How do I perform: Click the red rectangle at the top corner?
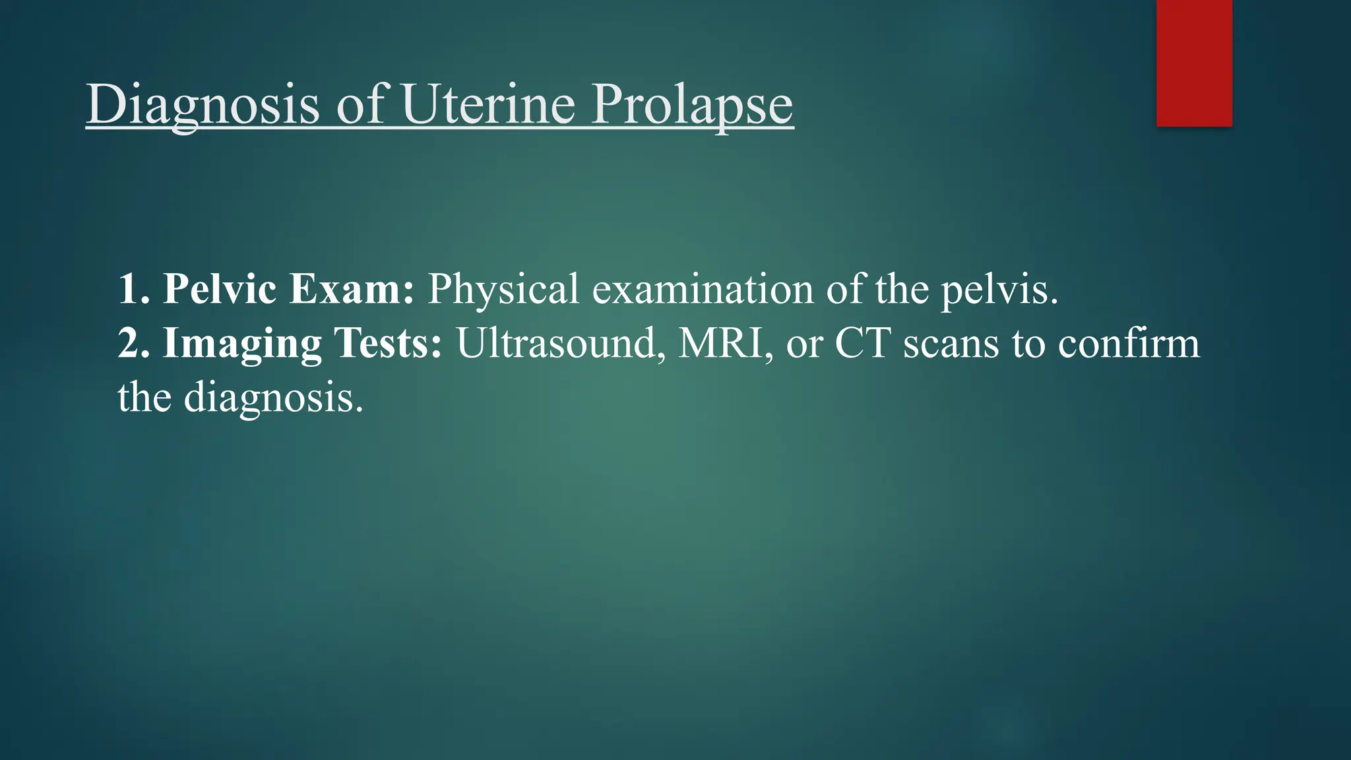pyautogui.click(x=1194, y=63)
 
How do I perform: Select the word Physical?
pyautogui.click(x=503, y=289)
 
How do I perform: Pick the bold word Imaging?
pyautogui.click(x=242, y=344)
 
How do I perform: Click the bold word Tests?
pyautogui.click(x=388, y=343)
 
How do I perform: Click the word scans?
pyautogui.click(x=951, y=344)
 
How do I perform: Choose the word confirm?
pyautogui.click(x=1129, y=343)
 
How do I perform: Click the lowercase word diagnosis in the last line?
pyautogui.click(x=273, y=398)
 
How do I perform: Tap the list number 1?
pyautogui.click(x=131, y=289)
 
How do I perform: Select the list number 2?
pyautogui.click(x=131, y=343)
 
